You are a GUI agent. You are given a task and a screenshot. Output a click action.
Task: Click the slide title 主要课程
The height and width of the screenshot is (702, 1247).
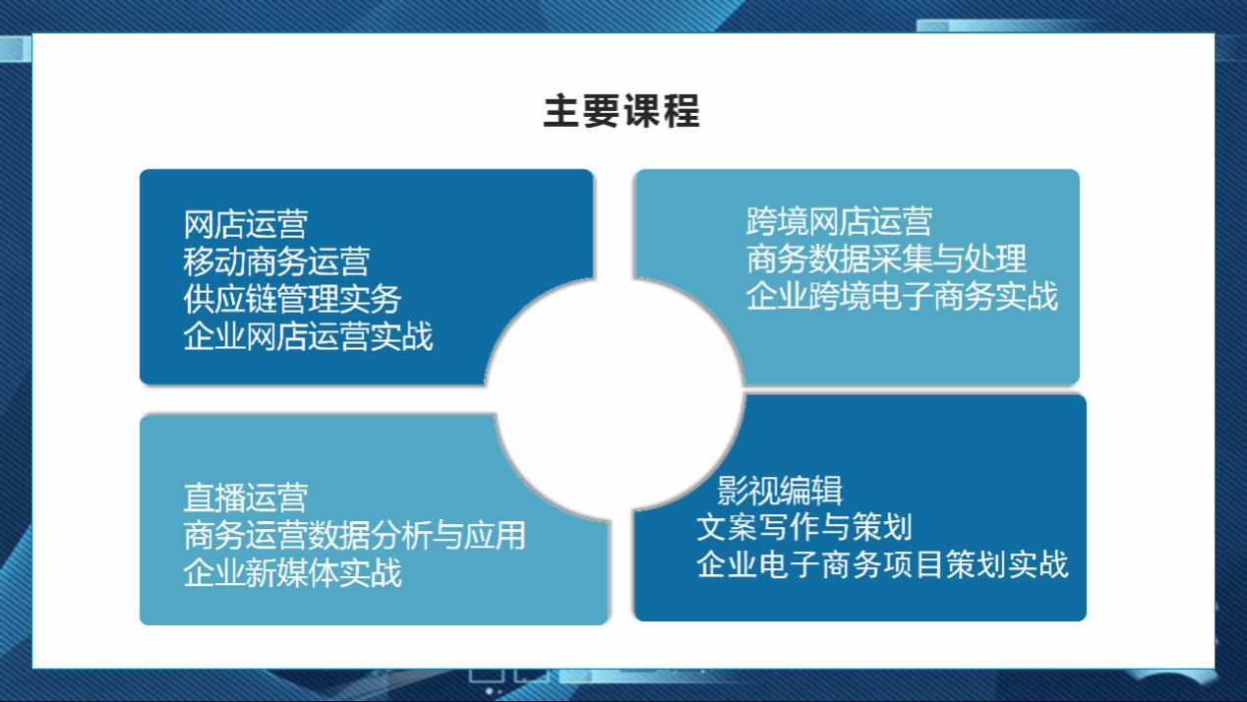coord(622,111)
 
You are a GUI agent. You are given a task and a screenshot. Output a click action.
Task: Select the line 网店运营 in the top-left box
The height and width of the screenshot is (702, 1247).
coord(246,224)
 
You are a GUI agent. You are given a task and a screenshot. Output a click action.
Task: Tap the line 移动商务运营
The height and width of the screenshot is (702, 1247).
coord(276,262)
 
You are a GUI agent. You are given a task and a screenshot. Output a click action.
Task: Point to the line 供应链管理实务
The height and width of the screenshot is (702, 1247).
coord(292,299)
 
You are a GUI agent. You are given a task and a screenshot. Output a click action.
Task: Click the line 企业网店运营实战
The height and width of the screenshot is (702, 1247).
coord(308,336)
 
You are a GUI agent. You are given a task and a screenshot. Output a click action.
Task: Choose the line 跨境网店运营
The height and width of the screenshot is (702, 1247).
coord(839,221)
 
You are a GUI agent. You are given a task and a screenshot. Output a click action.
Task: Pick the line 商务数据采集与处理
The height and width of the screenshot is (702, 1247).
coord(886,259)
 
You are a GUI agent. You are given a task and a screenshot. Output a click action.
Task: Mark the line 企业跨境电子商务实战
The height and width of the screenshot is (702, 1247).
coord(901,296)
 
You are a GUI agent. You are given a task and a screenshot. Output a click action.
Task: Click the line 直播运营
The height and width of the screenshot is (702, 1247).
coord(246,497)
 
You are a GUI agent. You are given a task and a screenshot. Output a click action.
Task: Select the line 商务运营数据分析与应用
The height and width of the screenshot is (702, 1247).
coord(355,536)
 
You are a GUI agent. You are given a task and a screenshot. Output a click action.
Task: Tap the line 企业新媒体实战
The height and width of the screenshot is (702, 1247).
coord(292,573)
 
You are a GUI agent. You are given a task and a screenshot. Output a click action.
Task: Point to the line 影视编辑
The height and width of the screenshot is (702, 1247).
coord(779,491)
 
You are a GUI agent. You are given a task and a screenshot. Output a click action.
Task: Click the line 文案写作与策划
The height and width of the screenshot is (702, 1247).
coord(804,527)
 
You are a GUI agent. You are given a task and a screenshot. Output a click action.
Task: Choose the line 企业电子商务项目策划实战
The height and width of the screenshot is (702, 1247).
coord(882,564)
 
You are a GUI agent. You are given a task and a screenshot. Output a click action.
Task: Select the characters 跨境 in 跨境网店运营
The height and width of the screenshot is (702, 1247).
coord(777,221)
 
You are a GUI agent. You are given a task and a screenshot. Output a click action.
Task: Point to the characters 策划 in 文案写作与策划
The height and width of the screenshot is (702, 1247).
coord(882,527)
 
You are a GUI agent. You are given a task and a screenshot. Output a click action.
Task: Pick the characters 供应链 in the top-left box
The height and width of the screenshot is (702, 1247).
coord(230,299)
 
